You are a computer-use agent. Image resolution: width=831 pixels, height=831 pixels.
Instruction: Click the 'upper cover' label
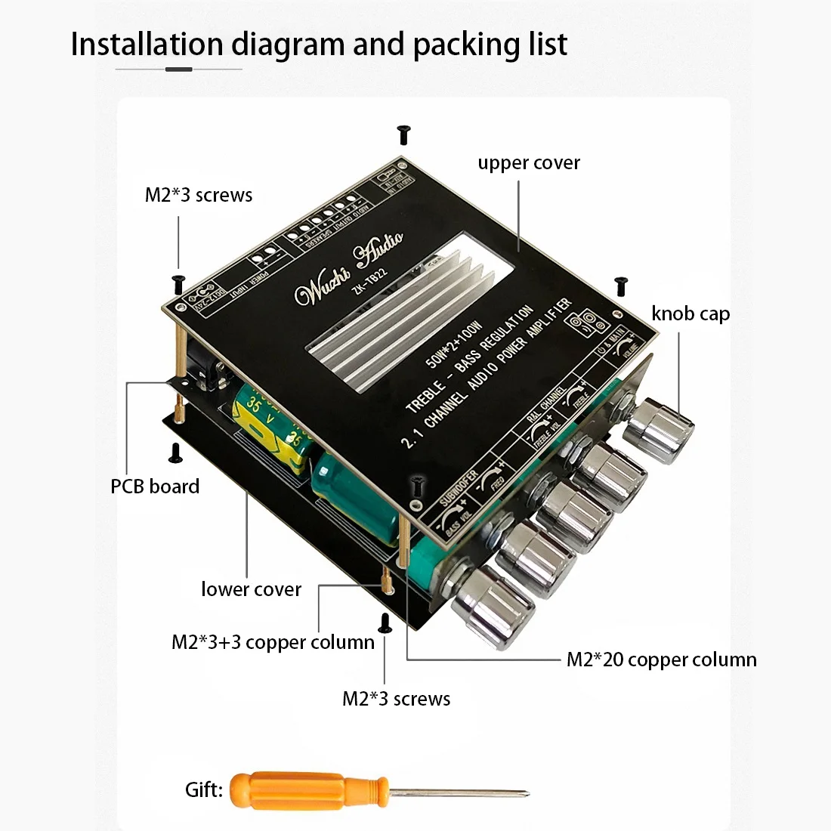coord(528,163)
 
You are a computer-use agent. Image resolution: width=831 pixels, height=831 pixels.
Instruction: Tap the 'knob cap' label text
coord(690,314)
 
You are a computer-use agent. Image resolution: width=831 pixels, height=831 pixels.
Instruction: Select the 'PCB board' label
coord(155,487)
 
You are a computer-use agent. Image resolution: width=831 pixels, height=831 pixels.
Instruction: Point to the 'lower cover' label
coord(251,589)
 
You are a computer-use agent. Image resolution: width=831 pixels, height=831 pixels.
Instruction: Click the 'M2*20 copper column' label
coord(661,660)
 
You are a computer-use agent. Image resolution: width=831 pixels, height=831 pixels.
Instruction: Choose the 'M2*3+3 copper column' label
coord(273,642)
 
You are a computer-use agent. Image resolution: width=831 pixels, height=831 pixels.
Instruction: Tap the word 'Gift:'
coord(204,790)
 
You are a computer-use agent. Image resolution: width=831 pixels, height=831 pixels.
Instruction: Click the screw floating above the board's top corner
coord(403,135)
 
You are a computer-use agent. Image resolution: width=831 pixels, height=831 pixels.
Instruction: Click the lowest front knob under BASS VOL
coord(487,609)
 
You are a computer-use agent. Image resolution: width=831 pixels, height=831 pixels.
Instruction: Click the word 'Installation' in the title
coord(147,45)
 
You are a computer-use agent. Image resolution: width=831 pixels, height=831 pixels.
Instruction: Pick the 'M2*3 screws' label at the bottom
coord(396,699)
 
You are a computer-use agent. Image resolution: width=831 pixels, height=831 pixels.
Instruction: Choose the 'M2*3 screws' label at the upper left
coord(199,195)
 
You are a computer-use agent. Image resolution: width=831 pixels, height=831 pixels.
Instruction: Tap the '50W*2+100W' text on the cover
coord(454,344)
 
